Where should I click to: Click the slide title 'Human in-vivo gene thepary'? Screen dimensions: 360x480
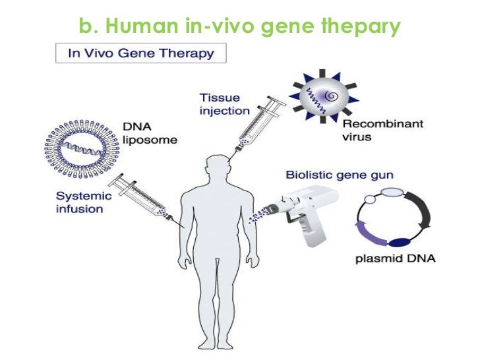click(x=239, y=26)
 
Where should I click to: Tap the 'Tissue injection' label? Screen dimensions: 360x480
click(x=225, y=104)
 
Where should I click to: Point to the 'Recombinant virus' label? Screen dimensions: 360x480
click(x=373, y=131)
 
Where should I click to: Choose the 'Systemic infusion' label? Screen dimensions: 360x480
click(x=80, y=202)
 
